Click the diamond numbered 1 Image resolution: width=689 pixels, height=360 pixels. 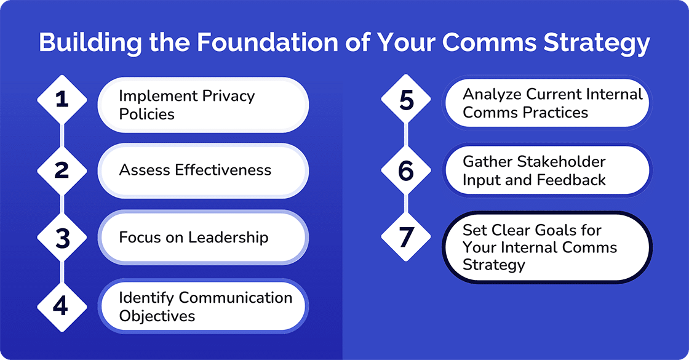[62, 100]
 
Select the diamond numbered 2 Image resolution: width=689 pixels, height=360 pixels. [62, 170]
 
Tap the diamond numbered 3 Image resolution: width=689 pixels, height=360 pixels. [62, 238]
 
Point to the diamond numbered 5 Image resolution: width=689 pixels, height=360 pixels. [406, 102]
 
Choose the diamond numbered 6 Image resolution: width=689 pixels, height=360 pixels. [406, 170]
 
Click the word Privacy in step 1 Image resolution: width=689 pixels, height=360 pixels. [224, 96]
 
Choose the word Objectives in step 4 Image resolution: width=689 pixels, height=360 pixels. [157, 316]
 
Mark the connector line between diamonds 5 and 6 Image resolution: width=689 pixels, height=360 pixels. [406, 136]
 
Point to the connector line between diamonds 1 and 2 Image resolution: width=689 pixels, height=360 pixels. [62, 135]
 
